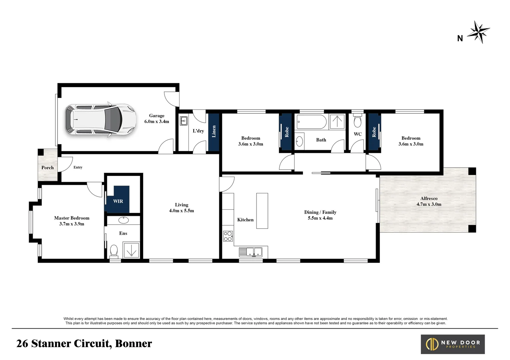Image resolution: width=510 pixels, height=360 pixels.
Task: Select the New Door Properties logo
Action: (x=453, y=344)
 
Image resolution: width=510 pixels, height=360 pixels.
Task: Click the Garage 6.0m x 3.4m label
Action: (x=157, y=119)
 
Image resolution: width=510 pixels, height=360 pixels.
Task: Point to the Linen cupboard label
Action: (x=214, y=131)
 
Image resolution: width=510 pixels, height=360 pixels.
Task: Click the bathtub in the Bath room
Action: (x=312, y=122)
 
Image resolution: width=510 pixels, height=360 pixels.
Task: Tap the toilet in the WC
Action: (x=358, y=120)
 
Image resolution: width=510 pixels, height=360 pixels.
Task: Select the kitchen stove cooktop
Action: (x=228, y=236)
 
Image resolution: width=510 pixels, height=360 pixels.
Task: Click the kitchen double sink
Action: (x=250, y=252)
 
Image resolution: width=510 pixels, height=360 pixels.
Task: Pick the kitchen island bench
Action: (x=262, y=211)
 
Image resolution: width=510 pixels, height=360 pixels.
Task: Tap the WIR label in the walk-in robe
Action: (x=118, y=201)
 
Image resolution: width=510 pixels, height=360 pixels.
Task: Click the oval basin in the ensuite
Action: (x=123, y=220)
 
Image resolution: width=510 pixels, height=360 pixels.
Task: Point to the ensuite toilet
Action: (x=114, y=252)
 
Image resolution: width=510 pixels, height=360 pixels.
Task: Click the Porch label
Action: (x=48, y=168)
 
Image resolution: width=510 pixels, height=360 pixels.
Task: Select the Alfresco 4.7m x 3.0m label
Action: (x=429, y=201)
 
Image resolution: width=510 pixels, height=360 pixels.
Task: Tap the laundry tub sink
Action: (x=183, y=121)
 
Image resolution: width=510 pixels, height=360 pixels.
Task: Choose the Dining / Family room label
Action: (x=320, y=215)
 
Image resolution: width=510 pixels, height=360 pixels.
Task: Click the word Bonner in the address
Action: (x=133, y=343)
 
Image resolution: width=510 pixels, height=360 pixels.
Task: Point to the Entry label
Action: (x=78, y=167)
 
